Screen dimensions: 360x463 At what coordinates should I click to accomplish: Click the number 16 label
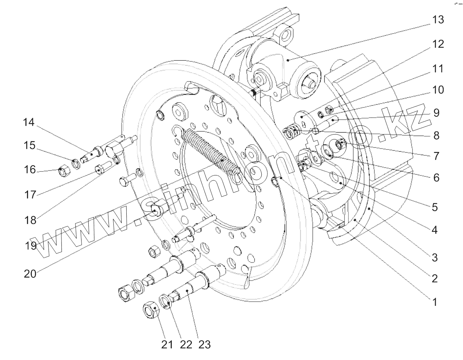point(30,169)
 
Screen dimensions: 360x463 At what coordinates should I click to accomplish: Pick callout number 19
point(31,246)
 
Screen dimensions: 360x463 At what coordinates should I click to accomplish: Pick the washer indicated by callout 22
point(166,302)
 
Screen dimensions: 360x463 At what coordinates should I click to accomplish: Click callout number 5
point(435,207)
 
